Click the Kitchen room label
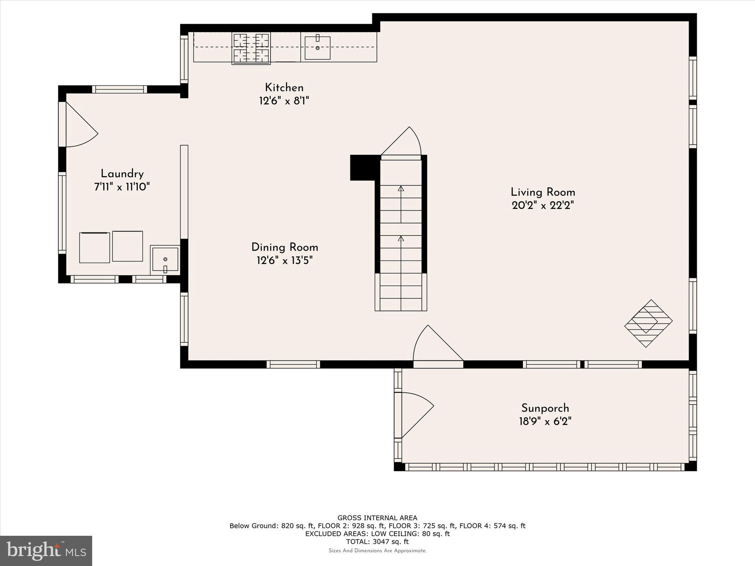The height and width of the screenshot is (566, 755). [284, 88]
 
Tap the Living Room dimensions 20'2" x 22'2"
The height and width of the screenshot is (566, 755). [543, 206]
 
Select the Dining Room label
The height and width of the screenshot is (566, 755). [285, 247]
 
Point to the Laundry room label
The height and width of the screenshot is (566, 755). [122, 174]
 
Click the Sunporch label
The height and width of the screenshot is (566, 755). [545, 408]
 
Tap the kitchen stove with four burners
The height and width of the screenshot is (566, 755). [251, 48]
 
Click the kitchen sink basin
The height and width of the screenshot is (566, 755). [317, 48]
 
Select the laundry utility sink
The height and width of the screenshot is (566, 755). [165, 260]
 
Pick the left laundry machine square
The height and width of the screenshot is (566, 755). [94, 248]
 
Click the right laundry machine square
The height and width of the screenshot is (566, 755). [128, 246]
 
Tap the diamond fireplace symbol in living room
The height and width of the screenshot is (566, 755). [648, 323]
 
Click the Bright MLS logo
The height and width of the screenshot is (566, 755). [46, 551]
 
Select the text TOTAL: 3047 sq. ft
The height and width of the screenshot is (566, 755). [377, 542]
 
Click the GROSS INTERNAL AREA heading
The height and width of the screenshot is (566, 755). [377, 518]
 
